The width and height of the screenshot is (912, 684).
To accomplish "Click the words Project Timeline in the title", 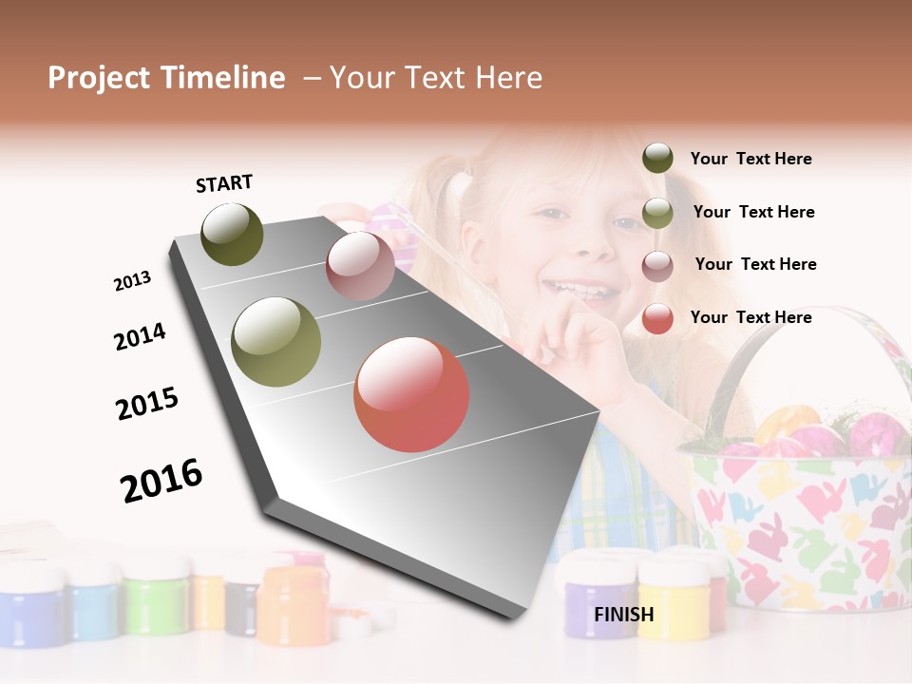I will click(166, 78).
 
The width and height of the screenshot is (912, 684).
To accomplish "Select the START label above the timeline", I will click(224, 183).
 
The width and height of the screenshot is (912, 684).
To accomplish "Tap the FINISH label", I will click(624, 615).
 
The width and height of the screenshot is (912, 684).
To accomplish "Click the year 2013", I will click(132, 281).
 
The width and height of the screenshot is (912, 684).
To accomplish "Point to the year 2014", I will click(140, 337).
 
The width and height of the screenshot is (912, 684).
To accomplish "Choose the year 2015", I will click(147, 404).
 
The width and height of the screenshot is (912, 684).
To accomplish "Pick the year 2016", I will click(161, 481).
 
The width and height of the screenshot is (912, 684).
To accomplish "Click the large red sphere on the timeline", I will click(411, 394).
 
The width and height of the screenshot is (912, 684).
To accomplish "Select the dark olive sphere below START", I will click(232, 235).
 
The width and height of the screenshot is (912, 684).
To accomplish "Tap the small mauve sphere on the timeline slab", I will click(360, 266).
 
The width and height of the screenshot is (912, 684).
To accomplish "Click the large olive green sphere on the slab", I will click(276, 342).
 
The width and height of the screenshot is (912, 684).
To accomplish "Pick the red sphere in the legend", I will click(657, 318).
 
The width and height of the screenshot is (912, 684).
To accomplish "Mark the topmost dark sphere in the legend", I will click(657, 159).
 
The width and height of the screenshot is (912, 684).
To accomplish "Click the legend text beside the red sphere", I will click(750, 317).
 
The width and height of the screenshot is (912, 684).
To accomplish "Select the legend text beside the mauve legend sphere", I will click(755, 264).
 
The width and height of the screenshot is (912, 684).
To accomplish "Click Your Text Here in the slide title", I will click(436, 78).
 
